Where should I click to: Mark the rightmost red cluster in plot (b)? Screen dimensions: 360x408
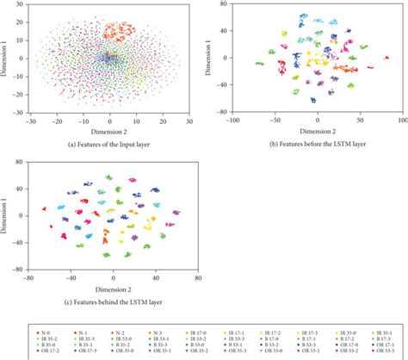[x=371, y=65]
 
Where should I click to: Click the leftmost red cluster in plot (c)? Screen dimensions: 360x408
[x=44, y=208]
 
